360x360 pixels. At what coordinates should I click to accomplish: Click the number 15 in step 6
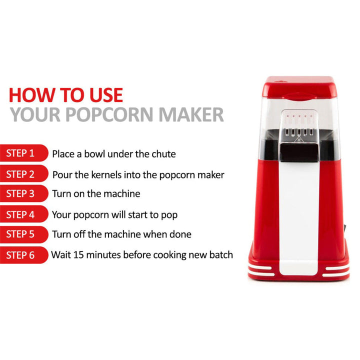78,255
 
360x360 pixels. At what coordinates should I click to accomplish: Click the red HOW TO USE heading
65,94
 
